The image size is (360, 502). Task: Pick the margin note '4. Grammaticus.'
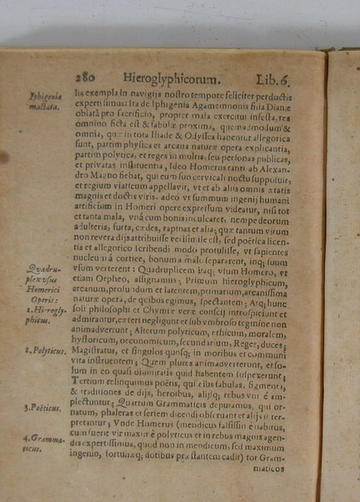pos(42,443)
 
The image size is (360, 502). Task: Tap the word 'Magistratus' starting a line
pos(99,352)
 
